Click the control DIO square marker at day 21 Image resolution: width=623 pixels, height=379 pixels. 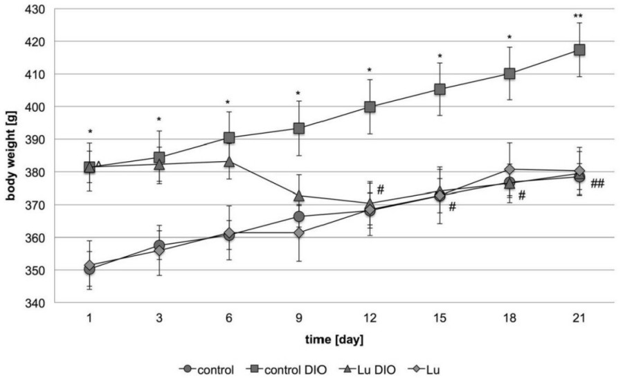click(x=579, y=50)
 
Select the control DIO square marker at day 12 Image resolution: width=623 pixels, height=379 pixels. click(x=370, y=107)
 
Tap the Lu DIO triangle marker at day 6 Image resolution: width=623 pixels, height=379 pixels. click(x=229, y=161)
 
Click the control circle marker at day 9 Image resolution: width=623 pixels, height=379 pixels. click(x=299, y=216)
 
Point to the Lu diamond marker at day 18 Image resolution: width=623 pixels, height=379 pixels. click(x=509, y=169)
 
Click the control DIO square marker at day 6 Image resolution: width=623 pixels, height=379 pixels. click(x=229, y=138)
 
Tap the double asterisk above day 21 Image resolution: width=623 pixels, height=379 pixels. click(x=579, y=15)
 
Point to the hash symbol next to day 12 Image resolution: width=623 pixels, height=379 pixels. click(x=381, y=189)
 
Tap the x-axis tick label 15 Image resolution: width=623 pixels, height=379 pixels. click(x=440, y=318)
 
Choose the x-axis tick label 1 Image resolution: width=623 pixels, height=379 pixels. click(x=89, y=318)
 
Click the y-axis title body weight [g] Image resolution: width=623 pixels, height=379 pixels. click(x=11, y=156)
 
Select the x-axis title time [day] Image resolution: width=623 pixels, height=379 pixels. click(x=334, y=340)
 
